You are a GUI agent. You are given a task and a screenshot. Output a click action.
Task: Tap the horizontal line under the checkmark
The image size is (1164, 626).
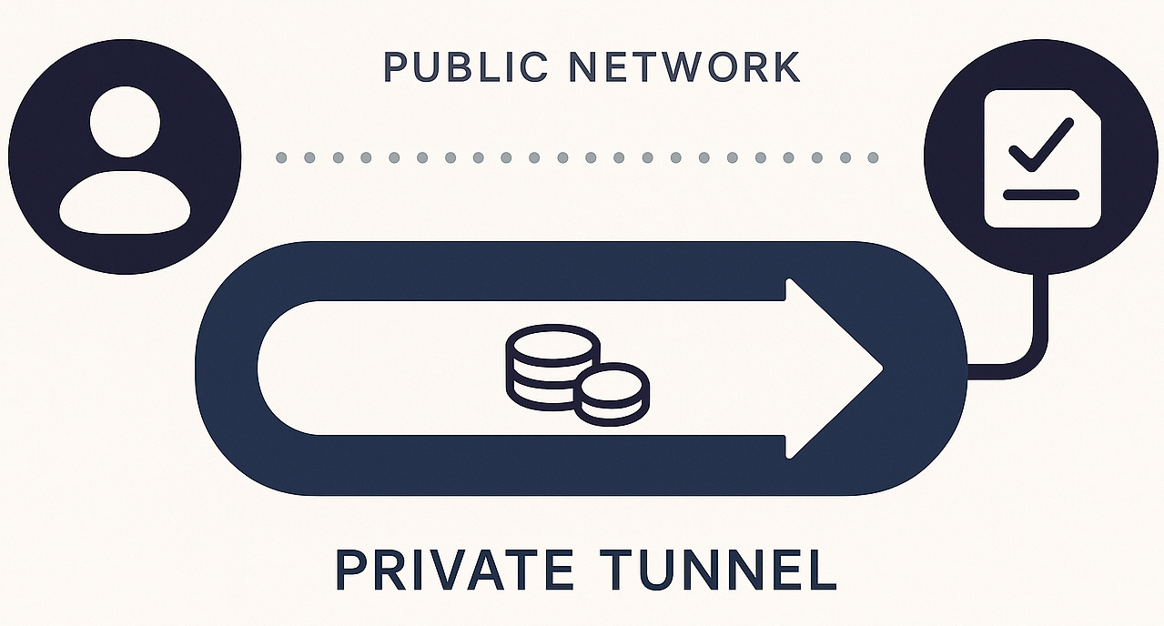pyautogui.click(x=1040, y=195)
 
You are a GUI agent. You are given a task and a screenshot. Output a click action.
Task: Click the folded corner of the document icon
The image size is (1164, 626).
pyautogui.click(x=1088, y=103)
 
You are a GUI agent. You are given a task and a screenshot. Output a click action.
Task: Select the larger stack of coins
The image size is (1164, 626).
pyautogui.click(x=552, y=364)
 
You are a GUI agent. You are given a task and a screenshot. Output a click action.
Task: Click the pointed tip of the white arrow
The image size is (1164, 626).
pyautogui.click(x=879, y=368)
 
